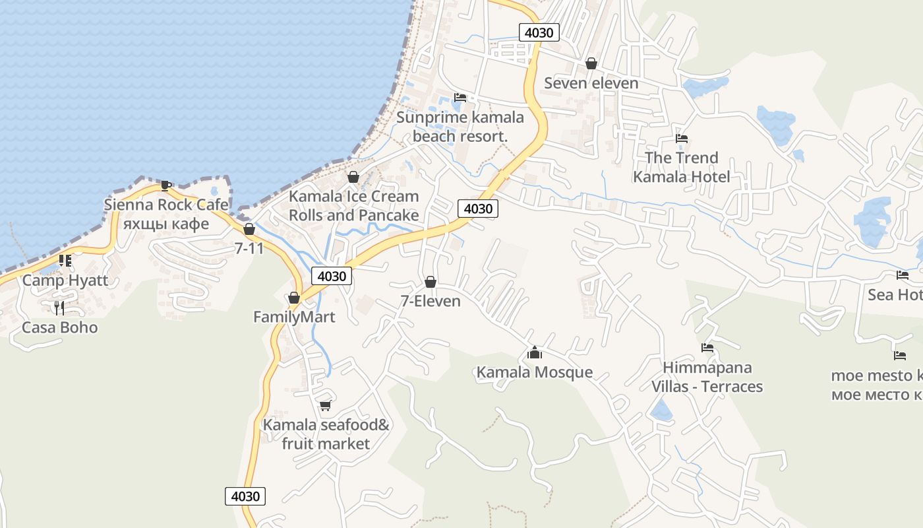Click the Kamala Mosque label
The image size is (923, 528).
pyautogui.click(x=535, y=372)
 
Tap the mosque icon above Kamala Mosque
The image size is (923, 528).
pyautogui.click(x=535, y=353)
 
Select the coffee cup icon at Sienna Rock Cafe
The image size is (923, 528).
pyautogui.click(x=165, y=185)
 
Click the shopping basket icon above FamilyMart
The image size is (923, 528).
pyautogui.click(x=294, y=298)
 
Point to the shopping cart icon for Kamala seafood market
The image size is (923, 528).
pyautogui.click(x=325, y=405)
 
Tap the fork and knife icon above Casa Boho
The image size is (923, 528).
pyautogui.click(x=59, y=308)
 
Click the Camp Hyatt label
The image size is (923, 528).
pyautogui.click(x=65, y=280)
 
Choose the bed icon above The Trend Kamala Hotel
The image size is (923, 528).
pyautogui.click(x=682, y=139)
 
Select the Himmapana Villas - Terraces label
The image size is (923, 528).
pyautogui.click(x=707, y=377)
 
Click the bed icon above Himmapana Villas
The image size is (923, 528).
pyautogui.click(x=707, y=348)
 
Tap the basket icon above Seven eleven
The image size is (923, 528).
pyautogui.click(x=591, y=63)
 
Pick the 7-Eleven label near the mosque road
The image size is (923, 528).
pyautogui.click(x=431, y=301)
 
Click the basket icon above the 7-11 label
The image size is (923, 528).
pyautogui.click(x=249, y=229)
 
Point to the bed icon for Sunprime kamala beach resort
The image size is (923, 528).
pyautogui.click(x=460, y=98)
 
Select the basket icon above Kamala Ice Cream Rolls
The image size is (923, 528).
pyautogui.click(x=353, y=177)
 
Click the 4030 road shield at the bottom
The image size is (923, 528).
pyautogui.click(x=245, y=496)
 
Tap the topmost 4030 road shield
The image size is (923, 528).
pyautogui.click(x=539, y=32)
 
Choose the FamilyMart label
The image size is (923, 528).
pyautogui.click(x=294, y=317)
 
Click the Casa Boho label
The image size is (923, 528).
pyautogui.click(x=60, y=327)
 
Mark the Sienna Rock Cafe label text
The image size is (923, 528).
pyautogui.click(x=166, y=205)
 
